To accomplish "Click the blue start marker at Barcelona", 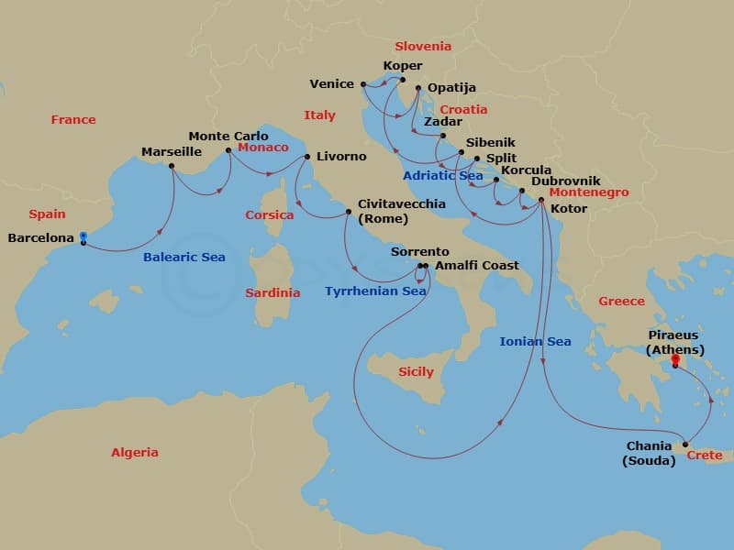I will coord(83,236).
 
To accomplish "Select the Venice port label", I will coord(331,83).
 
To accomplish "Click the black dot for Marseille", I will coord(172,166).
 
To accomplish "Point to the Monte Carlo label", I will coord(228,136).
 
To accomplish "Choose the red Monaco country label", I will coord(262,148).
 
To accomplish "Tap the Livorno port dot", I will coord(306,156).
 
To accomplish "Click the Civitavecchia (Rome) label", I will coord(402,211).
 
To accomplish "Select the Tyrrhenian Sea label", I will coord(375,291).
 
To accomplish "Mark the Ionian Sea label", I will coord(535,342).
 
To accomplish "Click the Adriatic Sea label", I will coord(442,175).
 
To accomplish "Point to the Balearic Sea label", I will coord(183,258).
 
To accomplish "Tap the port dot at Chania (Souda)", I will coord(685,445).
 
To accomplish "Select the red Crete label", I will coord(705,456).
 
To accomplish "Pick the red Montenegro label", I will coord(589,193).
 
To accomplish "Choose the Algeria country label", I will coord(134,452).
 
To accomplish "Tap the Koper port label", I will coord(404,66).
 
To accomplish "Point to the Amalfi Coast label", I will coord(477,266).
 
